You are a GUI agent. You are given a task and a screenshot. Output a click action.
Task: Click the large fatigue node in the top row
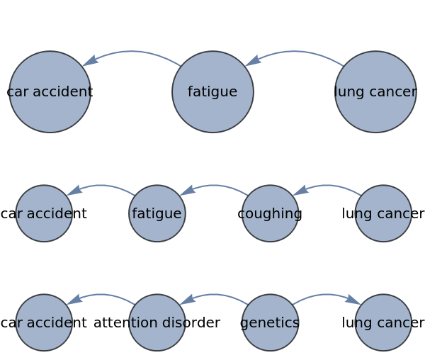[212, 91]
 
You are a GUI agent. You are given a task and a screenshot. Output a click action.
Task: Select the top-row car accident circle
[50, 91]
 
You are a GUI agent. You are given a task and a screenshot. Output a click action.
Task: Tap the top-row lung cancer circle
[375, 91]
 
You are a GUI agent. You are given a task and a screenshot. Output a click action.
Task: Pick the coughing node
[270, 213]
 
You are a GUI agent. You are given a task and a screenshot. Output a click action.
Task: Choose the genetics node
[270, 322]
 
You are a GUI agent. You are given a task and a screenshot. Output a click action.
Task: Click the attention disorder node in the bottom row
[157, 322]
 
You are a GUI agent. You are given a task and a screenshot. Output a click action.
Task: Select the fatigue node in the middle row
[157, 213]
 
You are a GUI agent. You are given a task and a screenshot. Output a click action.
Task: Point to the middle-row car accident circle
[44, 213]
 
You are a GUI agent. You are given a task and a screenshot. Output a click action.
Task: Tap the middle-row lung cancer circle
[383, 213]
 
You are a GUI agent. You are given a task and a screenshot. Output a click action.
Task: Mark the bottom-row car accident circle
[44, 322]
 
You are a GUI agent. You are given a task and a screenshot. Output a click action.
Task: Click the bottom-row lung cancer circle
[383, 322]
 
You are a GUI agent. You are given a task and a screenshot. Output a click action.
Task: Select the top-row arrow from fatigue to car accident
[132, 52]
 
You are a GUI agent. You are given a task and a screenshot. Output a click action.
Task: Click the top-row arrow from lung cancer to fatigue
[295, 52]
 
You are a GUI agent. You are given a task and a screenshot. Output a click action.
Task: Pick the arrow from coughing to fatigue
[214, 186]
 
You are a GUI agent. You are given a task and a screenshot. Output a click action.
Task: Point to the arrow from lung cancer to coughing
[327, 186]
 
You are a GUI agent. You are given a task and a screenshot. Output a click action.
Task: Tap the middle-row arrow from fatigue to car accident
[101, 186]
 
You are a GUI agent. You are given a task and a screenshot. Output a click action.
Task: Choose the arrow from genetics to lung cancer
[327, 296]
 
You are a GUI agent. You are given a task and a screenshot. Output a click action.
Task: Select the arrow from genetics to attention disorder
[214, 296]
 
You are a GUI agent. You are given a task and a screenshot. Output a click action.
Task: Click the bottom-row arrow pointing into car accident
[101, 296]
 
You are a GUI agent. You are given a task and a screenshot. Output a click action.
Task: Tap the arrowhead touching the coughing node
[300, 190]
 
